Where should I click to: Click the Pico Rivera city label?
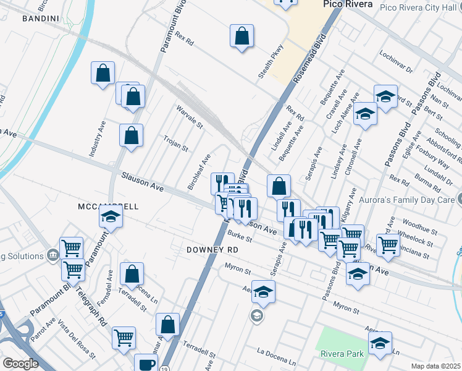348,4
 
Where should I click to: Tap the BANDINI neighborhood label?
41,19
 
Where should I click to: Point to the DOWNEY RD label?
212,250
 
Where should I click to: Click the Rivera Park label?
342,354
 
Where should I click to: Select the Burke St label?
238,237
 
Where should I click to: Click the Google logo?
20,364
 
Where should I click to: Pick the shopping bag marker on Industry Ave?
103,73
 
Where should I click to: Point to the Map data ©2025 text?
436,366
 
